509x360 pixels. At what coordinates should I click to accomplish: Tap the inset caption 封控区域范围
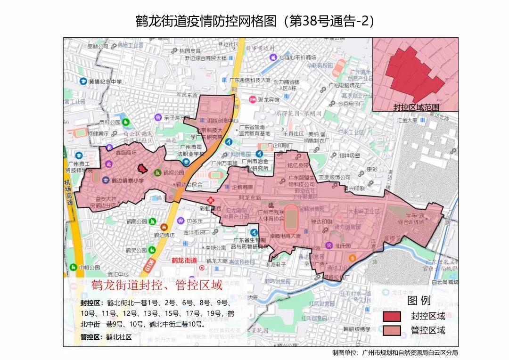point(416,107)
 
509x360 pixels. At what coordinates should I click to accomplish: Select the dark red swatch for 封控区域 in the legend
point(392,316)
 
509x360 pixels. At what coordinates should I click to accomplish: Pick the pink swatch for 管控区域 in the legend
point(392,330)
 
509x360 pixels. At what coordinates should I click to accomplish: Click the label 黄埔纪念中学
point(105,82)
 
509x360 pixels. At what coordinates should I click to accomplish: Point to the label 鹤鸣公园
point(173,173)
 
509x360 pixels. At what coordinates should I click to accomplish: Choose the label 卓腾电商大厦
point(282,237)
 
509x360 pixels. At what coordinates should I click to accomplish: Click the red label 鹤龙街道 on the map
point(184,260)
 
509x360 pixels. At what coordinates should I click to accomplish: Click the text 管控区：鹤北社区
point(106,337)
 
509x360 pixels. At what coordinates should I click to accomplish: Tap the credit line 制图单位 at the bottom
point(394,352)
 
